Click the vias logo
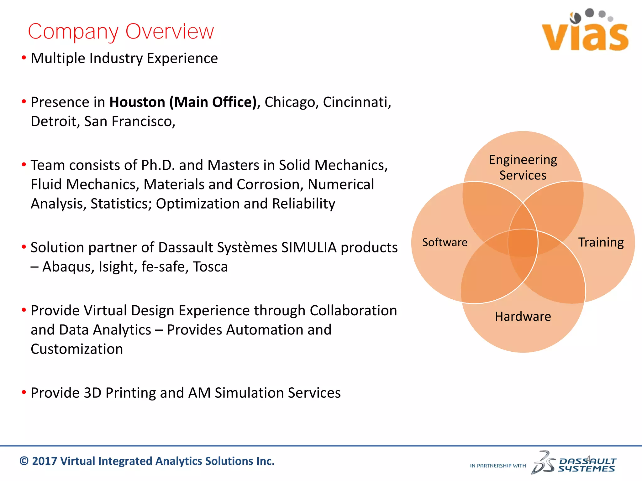585,31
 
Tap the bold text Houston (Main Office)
183,102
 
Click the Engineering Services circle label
523,167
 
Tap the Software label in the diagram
445,242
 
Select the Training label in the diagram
601,242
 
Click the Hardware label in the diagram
523,316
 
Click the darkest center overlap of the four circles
523,243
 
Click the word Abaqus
68,267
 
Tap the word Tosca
210,267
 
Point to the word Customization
77,349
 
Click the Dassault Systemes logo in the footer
574,464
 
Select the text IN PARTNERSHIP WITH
498,466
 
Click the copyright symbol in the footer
24,461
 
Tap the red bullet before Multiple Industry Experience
24,58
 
